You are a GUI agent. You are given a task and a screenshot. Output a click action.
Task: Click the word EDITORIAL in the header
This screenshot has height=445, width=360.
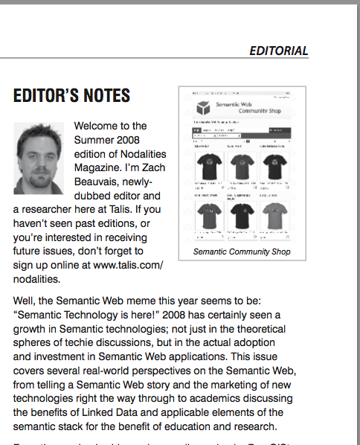pyautogui.click(x=278, y=51)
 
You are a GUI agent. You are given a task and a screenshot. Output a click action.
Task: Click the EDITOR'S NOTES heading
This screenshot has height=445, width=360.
pyautogui.click(x=72, y=95)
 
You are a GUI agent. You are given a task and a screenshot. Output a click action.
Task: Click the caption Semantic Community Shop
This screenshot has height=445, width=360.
pyautogui.click(x=241, y=252)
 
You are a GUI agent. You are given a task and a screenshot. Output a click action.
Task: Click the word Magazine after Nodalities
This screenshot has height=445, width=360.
pyautogui.click(x=100, y=169)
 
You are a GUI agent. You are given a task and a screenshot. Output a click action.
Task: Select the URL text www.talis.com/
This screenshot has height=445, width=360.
pyautogui.click(x=124, y=266)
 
